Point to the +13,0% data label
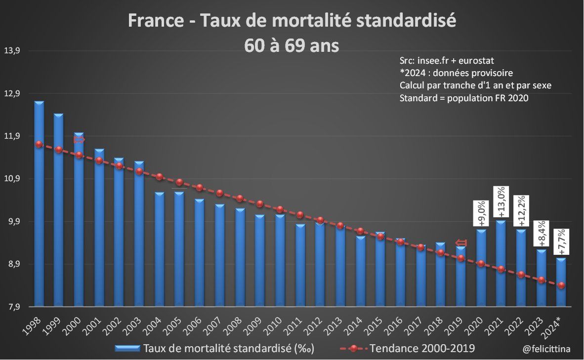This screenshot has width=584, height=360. pyautogui.click(x=501, y=201)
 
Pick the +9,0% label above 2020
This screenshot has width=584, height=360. pyautogui.click(x=481, y=213)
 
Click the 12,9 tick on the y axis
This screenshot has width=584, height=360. pyautogui.click(x=11, y=94)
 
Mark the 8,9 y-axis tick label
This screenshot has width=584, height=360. pyautogui.click(x=11, y=264)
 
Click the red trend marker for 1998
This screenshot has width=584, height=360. pyautogui.click(x=39, y=144)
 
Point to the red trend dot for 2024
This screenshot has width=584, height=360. pyautogui.click(x=561, y=285)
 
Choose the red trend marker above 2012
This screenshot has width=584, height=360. pyautogui.click(x=320, y=220)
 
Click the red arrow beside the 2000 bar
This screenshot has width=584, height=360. pyautogui.click(x=80, y=140)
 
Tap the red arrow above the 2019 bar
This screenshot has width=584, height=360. pyautogui.click(x=460, y=242)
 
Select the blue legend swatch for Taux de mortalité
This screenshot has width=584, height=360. pyautogui.click(x=127, y=349)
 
